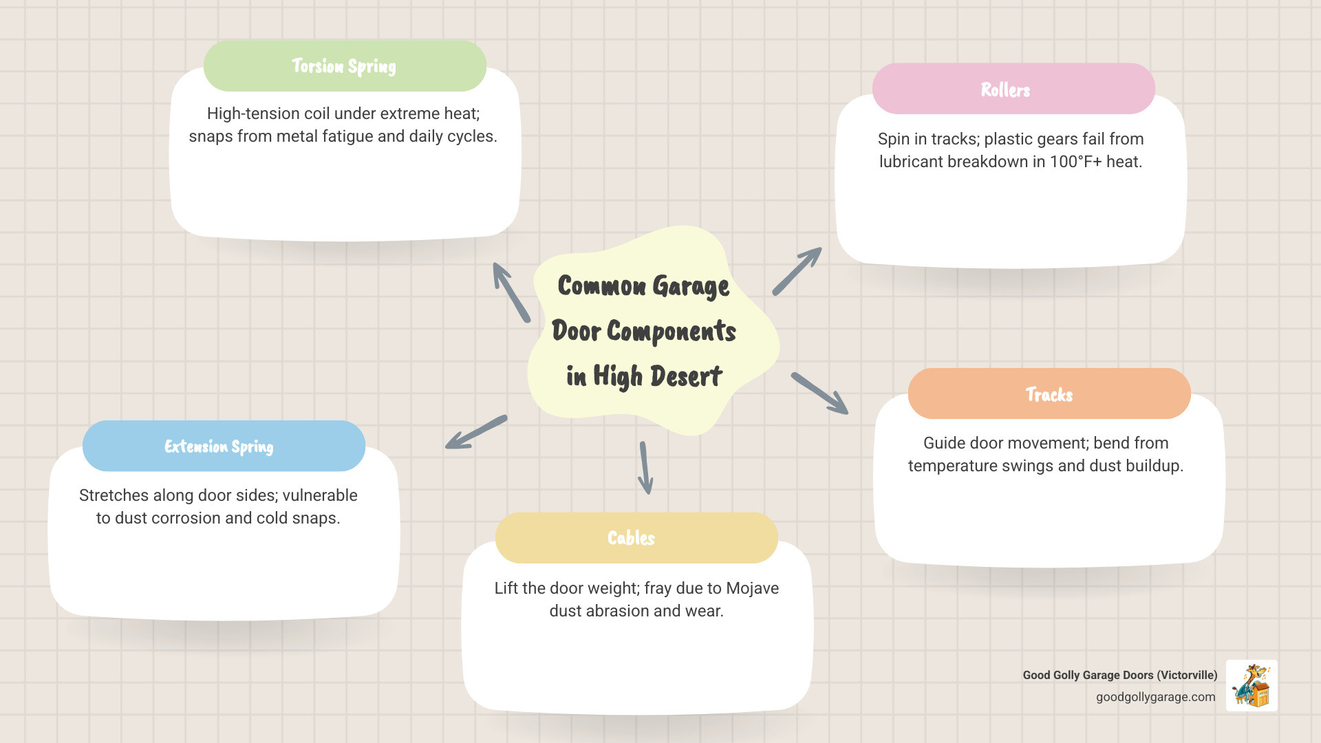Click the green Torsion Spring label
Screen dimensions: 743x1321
[x=345, y=66]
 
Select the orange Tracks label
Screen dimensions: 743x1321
[x=1049, y=394]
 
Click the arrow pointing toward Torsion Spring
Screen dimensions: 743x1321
[x=511, y=292]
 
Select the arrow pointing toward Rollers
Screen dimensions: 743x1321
[x=797, y=271]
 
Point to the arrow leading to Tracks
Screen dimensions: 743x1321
[x=819, y=394]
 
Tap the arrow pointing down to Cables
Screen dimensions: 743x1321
[x=645, y=468]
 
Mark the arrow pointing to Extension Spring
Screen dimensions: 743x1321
[x=476, y=432]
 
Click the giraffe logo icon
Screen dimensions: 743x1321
[x=1252, y=685]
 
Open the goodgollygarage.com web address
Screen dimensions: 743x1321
[x=1155, y=697]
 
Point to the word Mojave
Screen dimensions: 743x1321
[x=752, y=588]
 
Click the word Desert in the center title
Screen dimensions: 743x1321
[x=686, y=376]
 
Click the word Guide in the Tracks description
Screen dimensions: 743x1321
[x=943, y=443]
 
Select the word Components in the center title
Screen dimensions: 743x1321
[x=671, y=332]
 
